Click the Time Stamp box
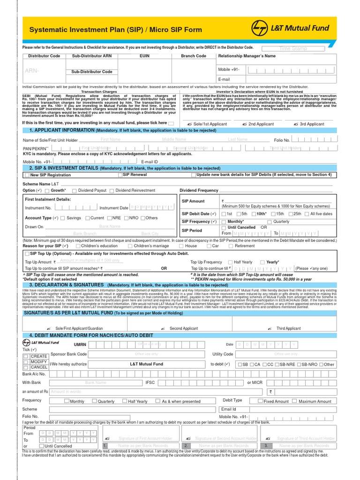[293, 48]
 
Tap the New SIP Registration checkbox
[27, 175]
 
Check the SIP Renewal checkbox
[120, 175]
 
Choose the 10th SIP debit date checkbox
[253, 214]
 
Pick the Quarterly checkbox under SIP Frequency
[269, 222]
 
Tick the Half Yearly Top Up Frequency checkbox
[230, 262]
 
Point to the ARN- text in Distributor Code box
[30, 71]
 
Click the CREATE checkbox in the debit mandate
[26, 356]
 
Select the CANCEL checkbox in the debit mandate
[26, 367]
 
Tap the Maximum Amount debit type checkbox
[294, 401]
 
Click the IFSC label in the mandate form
[150, 382]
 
